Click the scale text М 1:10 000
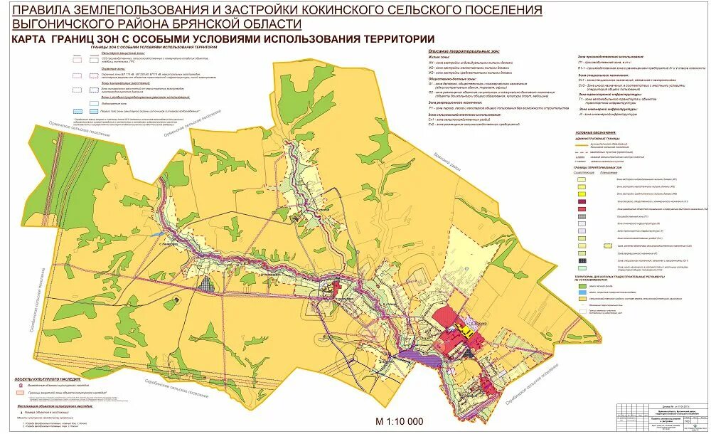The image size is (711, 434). pos(398,420)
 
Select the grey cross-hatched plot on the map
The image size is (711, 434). pos(207,282)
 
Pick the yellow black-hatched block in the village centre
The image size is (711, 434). pos(466,331)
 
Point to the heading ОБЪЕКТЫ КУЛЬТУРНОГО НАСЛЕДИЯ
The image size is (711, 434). pos(43,379)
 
